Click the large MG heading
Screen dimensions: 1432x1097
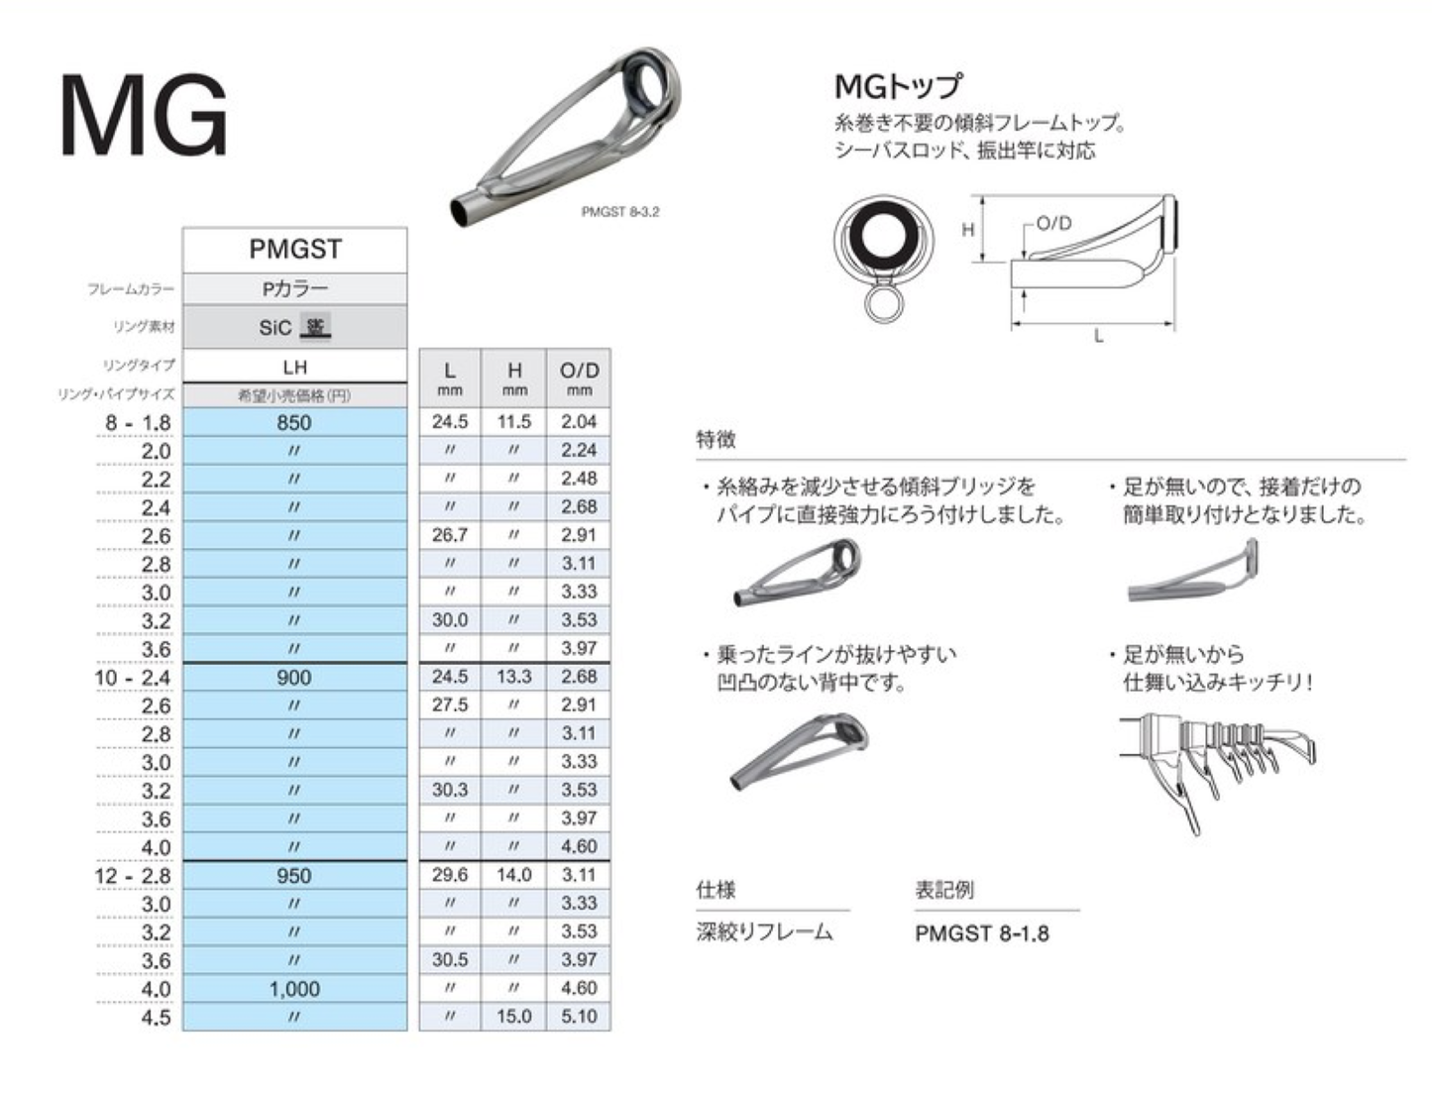[x=145, y=116]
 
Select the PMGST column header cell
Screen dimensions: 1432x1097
[x=294, y=250]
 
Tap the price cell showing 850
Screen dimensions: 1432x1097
[x=294, y=422]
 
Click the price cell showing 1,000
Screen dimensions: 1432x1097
[x=294, y=988]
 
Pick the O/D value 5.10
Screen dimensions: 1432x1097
[x=579, y=1016]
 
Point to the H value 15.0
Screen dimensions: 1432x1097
[x=514, y=1016]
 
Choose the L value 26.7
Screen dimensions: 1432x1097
[x=450, y=535]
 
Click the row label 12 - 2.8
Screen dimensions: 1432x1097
[x=133, y=876]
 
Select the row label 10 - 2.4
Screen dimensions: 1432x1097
[x=133, y=677]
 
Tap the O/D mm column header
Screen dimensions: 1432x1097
[x=580, y=379]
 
